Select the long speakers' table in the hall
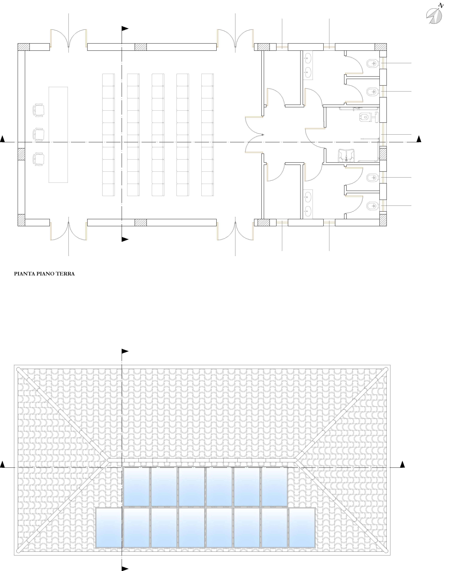point(58,135)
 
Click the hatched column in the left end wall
point(21,154)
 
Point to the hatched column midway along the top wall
point(141,47)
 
